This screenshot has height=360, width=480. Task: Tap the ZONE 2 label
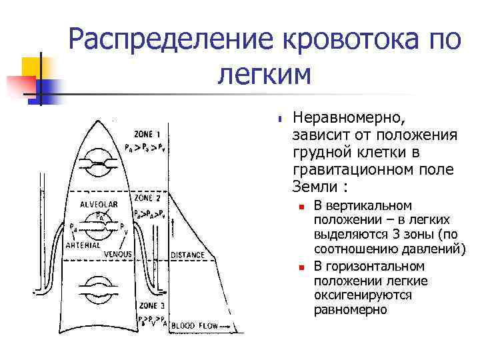[x=147, y=198]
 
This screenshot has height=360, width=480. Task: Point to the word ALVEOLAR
[x=99, y=203]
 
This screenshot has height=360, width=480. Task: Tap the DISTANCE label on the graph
[x=188, y=255]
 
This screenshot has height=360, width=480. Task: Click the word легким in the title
[x=264, y=75]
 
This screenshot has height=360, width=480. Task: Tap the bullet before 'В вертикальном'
[x=301, y=207]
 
